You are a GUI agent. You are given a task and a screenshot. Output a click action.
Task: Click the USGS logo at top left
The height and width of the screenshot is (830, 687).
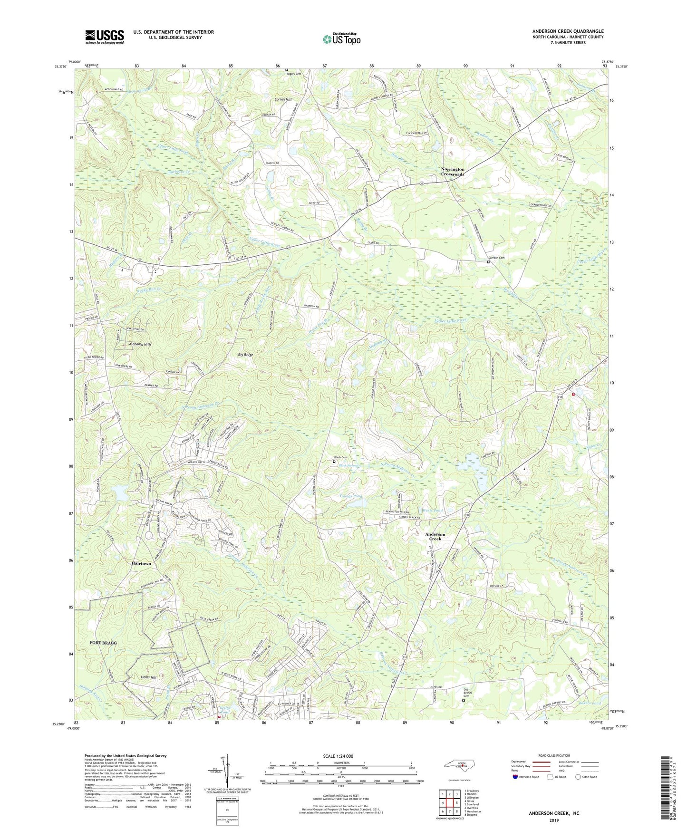105,37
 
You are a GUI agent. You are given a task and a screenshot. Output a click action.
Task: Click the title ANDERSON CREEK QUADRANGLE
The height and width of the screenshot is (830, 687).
568,31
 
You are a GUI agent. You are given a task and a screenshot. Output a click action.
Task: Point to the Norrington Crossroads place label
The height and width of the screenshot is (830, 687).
452,172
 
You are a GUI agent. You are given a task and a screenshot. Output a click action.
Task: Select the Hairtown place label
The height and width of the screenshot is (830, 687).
141,563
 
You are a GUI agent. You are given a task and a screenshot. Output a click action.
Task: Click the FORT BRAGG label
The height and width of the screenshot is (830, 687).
103,643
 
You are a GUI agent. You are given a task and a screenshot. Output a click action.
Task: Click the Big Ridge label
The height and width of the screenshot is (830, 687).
245,355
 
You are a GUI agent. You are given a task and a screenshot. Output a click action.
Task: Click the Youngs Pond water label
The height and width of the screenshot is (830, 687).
351,496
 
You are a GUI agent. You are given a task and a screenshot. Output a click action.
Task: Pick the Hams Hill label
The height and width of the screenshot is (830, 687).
135,677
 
